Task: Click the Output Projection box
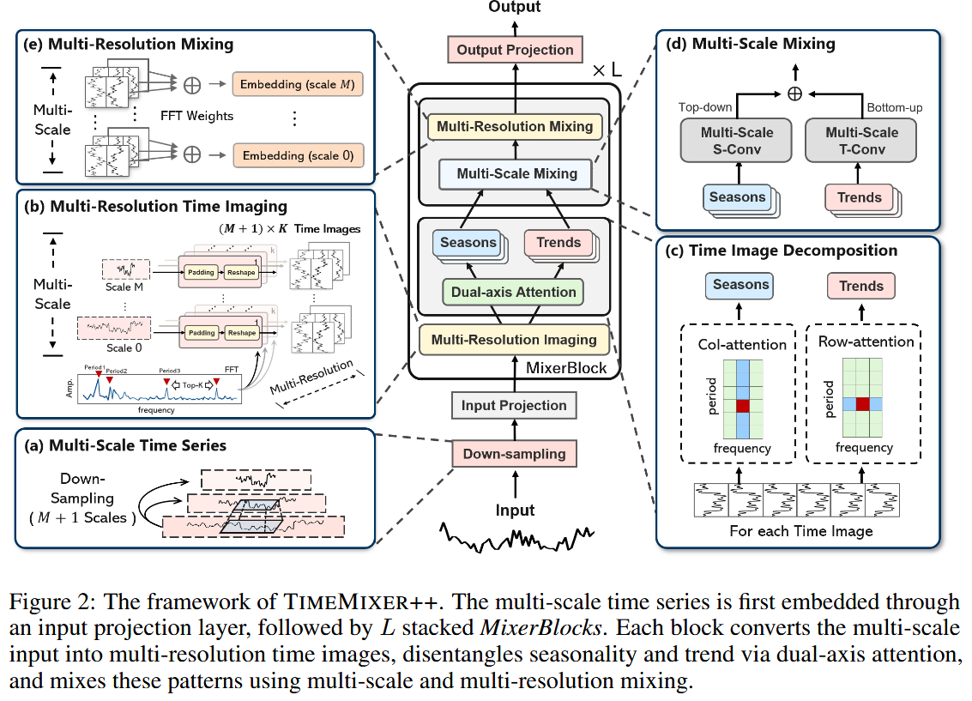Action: tap(515, 50)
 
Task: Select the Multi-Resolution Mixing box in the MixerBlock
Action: tap(515, 126)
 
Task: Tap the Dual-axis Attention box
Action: tap(514, 292)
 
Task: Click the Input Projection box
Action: tap(514, 405)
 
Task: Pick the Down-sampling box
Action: tap(514, 454)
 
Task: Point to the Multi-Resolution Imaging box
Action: tap(514, 340)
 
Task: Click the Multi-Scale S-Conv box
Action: tap(737, 141)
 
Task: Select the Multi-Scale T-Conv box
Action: tap(860, 141)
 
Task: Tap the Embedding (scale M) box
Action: tap(297, 85)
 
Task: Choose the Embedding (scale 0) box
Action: tap(297, 155)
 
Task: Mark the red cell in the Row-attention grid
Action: tap(863, 404)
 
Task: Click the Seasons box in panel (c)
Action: tap(740, 286)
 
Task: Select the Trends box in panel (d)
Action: tap(859, 197)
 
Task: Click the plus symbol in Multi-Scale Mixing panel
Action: tap(795, 94)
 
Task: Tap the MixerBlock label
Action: tap(567, 368)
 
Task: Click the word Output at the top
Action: tap(515, 7)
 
